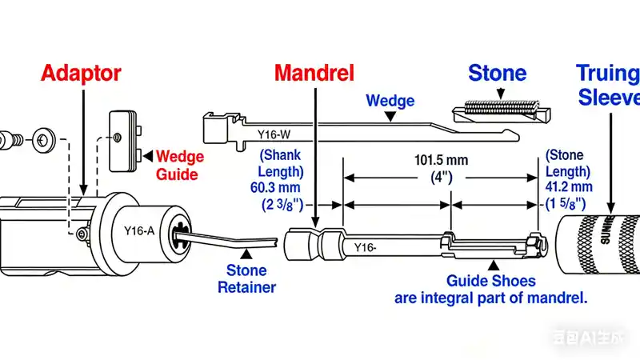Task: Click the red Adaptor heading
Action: click(81, 74)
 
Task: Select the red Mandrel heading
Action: click(314, 74)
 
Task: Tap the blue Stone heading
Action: click(497, 74)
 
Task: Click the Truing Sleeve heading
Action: click(609, 86)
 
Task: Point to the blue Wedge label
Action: click(390, 101)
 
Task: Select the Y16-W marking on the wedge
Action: click(274, 134)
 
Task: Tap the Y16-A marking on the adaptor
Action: click(139, 231)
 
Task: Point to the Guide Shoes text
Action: click(490, 281)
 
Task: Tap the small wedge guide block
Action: click(124, 139)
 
